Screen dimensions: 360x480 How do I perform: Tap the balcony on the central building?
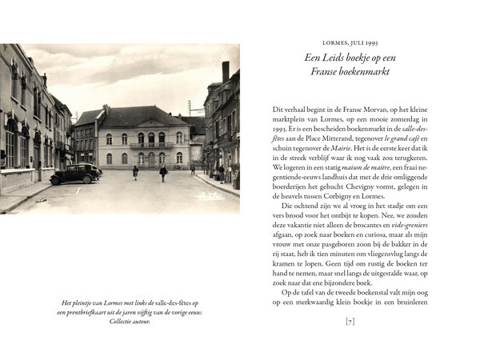(x=142, y=146)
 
